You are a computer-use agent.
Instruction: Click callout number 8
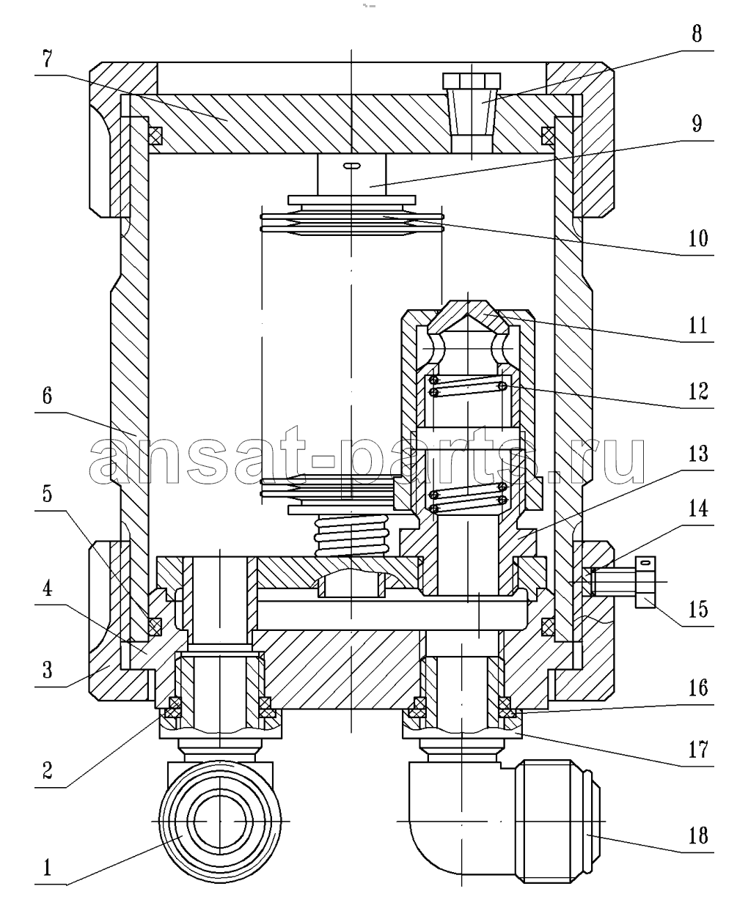pos(697,34)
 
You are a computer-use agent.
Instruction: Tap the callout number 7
pos(47,59)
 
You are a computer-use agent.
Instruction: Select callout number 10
pos(697,238)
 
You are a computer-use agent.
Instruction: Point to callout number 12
pos(697,391)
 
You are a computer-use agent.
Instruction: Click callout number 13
pos(697,453)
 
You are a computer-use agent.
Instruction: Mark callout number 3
pos(47,670)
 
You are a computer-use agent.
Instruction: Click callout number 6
pos(47,396)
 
